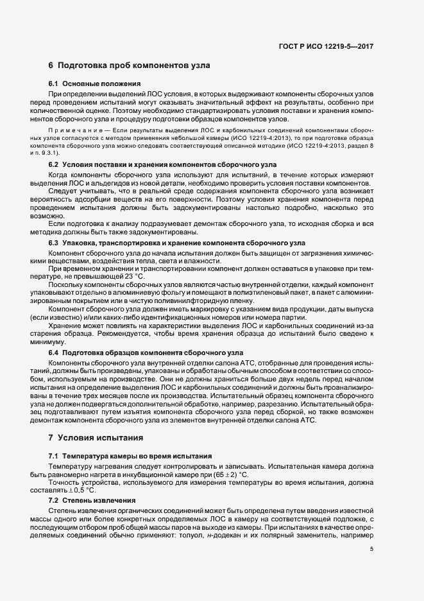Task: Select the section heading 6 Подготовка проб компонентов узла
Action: (129, 65)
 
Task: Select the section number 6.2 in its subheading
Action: (55, 164)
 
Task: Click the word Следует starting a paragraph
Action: (63, 191)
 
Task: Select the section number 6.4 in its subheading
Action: (55, 353)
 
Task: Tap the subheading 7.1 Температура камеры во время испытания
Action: (135, 456)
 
